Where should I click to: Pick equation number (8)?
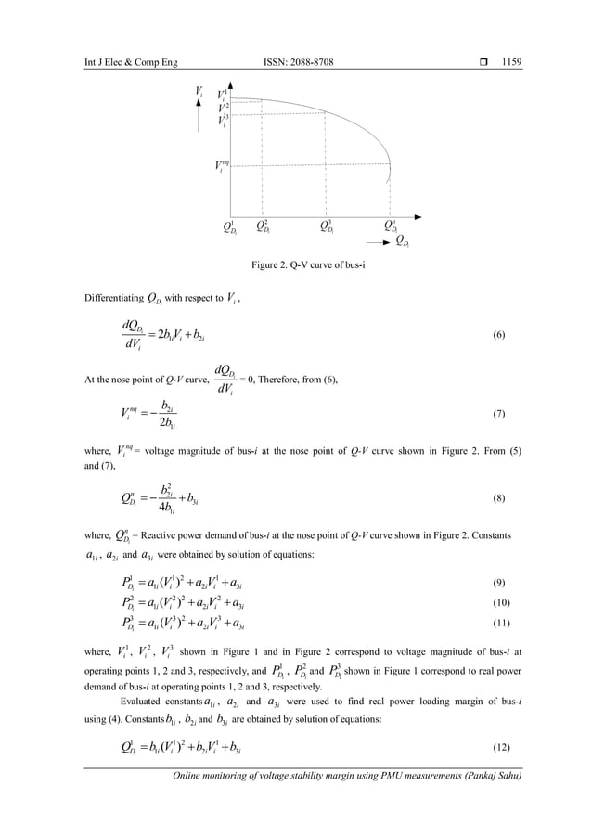click(x=498, y=498)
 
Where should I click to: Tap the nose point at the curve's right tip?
click(x=391, y=170)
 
